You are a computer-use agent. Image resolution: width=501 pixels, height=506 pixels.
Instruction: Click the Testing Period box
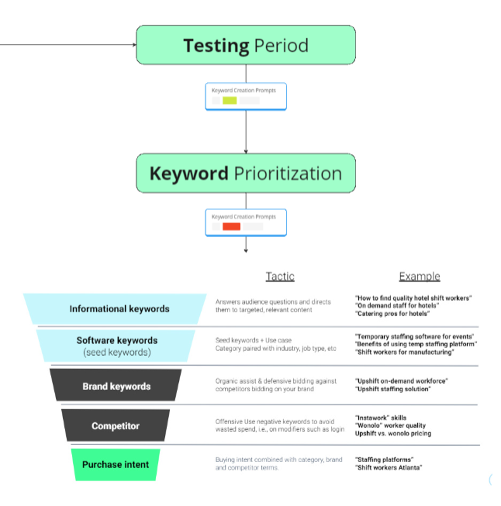click(x=246, y=45)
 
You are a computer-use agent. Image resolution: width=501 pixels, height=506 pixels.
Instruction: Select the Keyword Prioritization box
click(x=246, y=172)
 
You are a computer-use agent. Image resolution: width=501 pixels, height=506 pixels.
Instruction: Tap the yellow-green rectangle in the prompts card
click(x=230, y=101)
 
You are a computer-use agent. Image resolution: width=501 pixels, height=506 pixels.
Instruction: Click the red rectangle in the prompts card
click(x=231, y=226)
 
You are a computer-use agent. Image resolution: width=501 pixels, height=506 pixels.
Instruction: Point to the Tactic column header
click(x=280, y=277)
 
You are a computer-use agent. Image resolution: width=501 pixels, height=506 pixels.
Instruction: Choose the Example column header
click(x=419, y=277)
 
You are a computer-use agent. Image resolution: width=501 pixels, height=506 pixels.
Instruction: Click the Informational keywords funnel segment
click(x=119, y=308)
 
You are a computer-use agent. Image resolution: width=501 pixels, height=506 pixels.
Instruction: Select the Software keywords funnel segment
click(x=116, y=346)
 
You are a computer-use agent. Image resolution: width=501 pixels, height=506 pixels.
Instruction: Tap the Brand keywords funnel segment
click(x=116, y=386)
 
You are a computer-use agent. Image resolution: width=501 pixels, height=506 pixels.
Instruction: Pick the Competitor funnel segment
click(x=116, y=425)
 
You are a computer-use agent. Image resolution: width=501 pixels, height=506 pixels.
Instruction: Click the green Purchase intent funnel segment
click(x=116, y=465)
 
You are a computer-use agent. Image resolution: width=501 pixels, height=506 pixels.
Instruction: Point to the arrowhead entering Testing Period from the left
click(x=133, y=44)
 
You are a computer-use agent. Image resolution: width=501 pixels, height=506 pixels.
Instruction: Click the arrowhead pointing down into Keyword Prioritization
click(x=246, y=150)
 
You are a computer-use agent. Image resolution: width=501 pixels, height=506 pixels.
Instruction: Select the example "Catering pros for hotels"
click(x=393, y=315)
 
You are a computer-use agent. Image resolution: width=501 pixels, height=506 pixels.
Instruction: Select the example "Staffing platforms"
click(x=384, y=460)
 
